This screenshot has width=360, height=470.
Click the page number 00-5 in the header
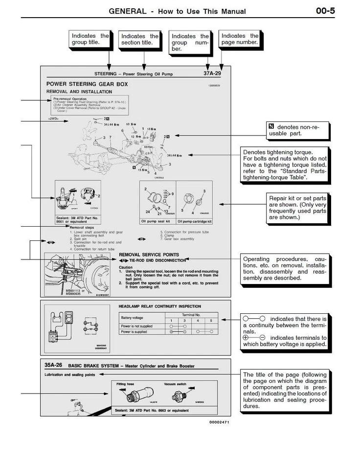pyautogui.click(x=325, y=11)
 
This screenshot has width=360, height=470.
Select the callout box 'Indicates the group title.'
pyautogui.click(x=90, y=39)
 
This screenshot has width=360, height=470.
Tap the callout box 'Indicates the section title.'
pyautogui.click(x=140, y=40)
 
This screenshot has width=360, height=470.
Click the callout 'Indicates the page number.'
pyautogui.click(x=240, y=39)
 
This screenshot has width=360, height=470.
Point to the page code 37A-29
pyautogui.click(x=215, y=73)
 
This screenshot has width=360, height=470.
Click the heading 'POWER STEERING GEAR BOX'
pyautogui.click(x=87, y=84)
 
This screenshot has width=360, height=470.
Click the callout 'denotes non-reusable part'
pyautogui.click(x=297, y=130)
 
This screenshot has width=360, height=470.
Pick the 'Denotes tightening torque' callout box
pyautogui.click(x=285, y=165)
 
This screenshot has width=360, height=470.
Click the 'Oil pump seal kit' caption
pyautogui.click(x=155, y=221)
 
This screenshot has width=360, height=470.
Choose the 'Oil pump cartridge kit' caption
pyautogui.click(x=196, y=221)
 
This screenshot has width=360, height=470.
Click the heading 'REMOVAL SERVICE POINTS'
pyautogui.click(x=149, y=255)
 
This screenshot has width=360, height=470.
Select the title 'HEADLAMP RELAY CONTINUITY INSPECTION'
pyautogui.click(x=159, y=306)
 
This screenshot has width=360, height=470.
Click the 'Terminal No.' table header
pyautogui.click(x=191, y=314)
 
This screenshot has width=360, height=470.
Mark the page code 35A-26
pyautogui.click(x=53, y=365)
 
